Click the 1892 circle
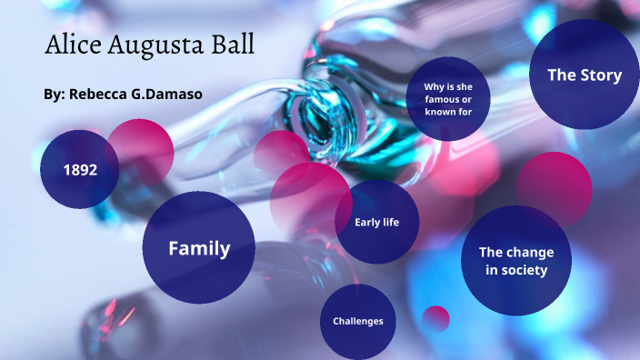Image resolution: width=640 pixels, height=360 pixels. point(79,170)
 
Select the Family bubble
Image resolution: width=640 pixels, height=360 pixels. point(198,247)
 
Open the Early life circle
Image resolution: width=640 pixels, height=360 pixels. point(376,222)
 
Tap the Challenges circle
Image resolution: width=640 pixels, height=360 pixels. point(357,321)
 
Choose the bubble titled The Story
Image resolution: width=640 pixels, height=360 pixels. point(584,75)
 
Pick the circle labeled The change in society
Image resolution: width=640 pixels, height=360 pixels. point(515,261)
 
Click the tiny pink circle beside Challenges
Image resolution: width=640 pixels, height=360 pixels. point(436,318)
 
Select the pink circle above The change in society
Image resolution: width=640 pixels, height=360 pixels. point(554,184)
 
